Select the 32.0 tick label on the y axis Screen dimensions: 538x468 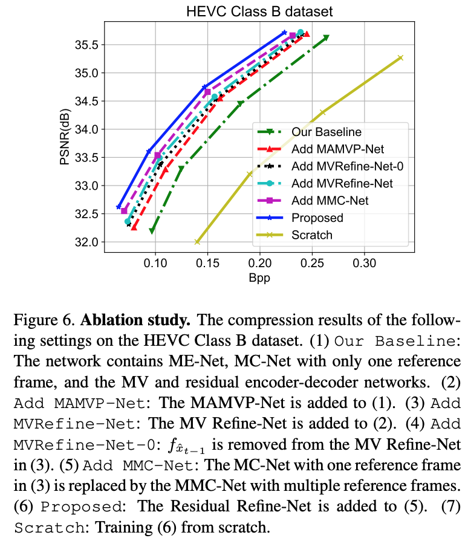86,242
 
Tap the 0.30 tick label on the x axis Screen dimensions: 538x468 364,264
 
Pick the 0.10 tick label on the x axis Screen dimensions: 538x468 155,264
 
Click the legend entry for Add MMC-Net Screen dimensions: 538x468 330,200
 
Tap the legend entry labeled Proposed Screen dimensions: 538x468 317,218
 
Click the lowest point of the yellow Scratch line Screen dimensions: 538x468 197,242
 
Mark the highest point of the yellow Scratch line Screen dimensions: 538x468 400,58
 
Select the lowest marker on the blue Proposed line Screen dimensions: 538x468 119,207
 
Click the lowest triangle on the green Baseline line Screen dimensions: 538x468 152,231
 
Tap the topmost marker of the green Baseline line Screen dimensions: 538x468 327,37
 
